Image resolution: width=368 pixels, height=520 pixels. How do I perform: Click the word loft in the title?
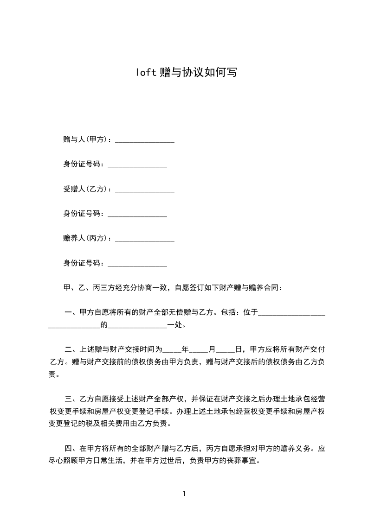pos(146,73)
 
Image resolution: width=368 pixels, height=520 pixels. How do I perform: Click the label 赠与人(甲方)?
pos(86,140)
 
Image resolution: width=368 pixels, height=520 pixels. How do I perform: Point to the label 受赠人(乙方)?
pos(86,189)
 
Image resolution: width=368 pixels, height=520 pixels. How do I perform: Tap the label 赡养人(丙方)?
pos(86,239)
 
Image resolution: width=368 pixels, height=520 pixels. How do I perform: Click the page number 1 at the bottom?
pos(184,494)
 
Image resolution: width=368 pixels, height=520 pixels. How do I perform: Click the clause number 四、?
pos(71,449)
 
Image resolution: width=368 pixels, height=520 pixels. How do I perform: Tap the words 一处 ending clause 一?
pos(175,325)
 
